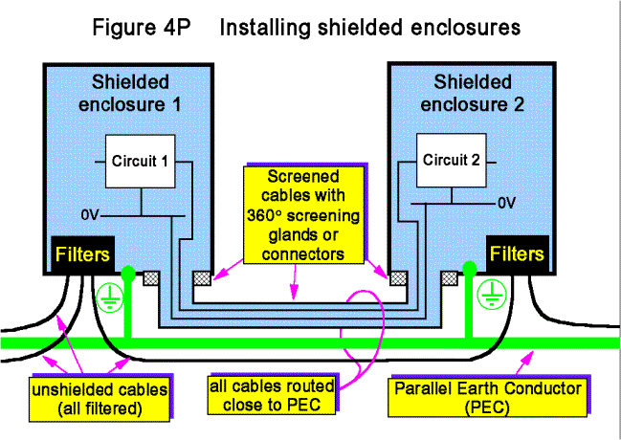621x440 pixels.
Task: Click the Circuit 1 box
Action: click(x=140, y=161)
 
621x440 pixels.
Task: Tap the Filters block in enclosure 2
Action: click(x=517, y=255)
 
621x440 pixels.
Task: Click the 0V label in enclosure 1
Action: click(x=88, y=215)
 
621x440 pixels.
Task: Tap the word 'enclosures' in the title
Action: click(x=455, y=27)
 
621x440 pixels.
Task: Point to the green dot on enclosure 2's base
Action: click(x=469, y=269)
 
